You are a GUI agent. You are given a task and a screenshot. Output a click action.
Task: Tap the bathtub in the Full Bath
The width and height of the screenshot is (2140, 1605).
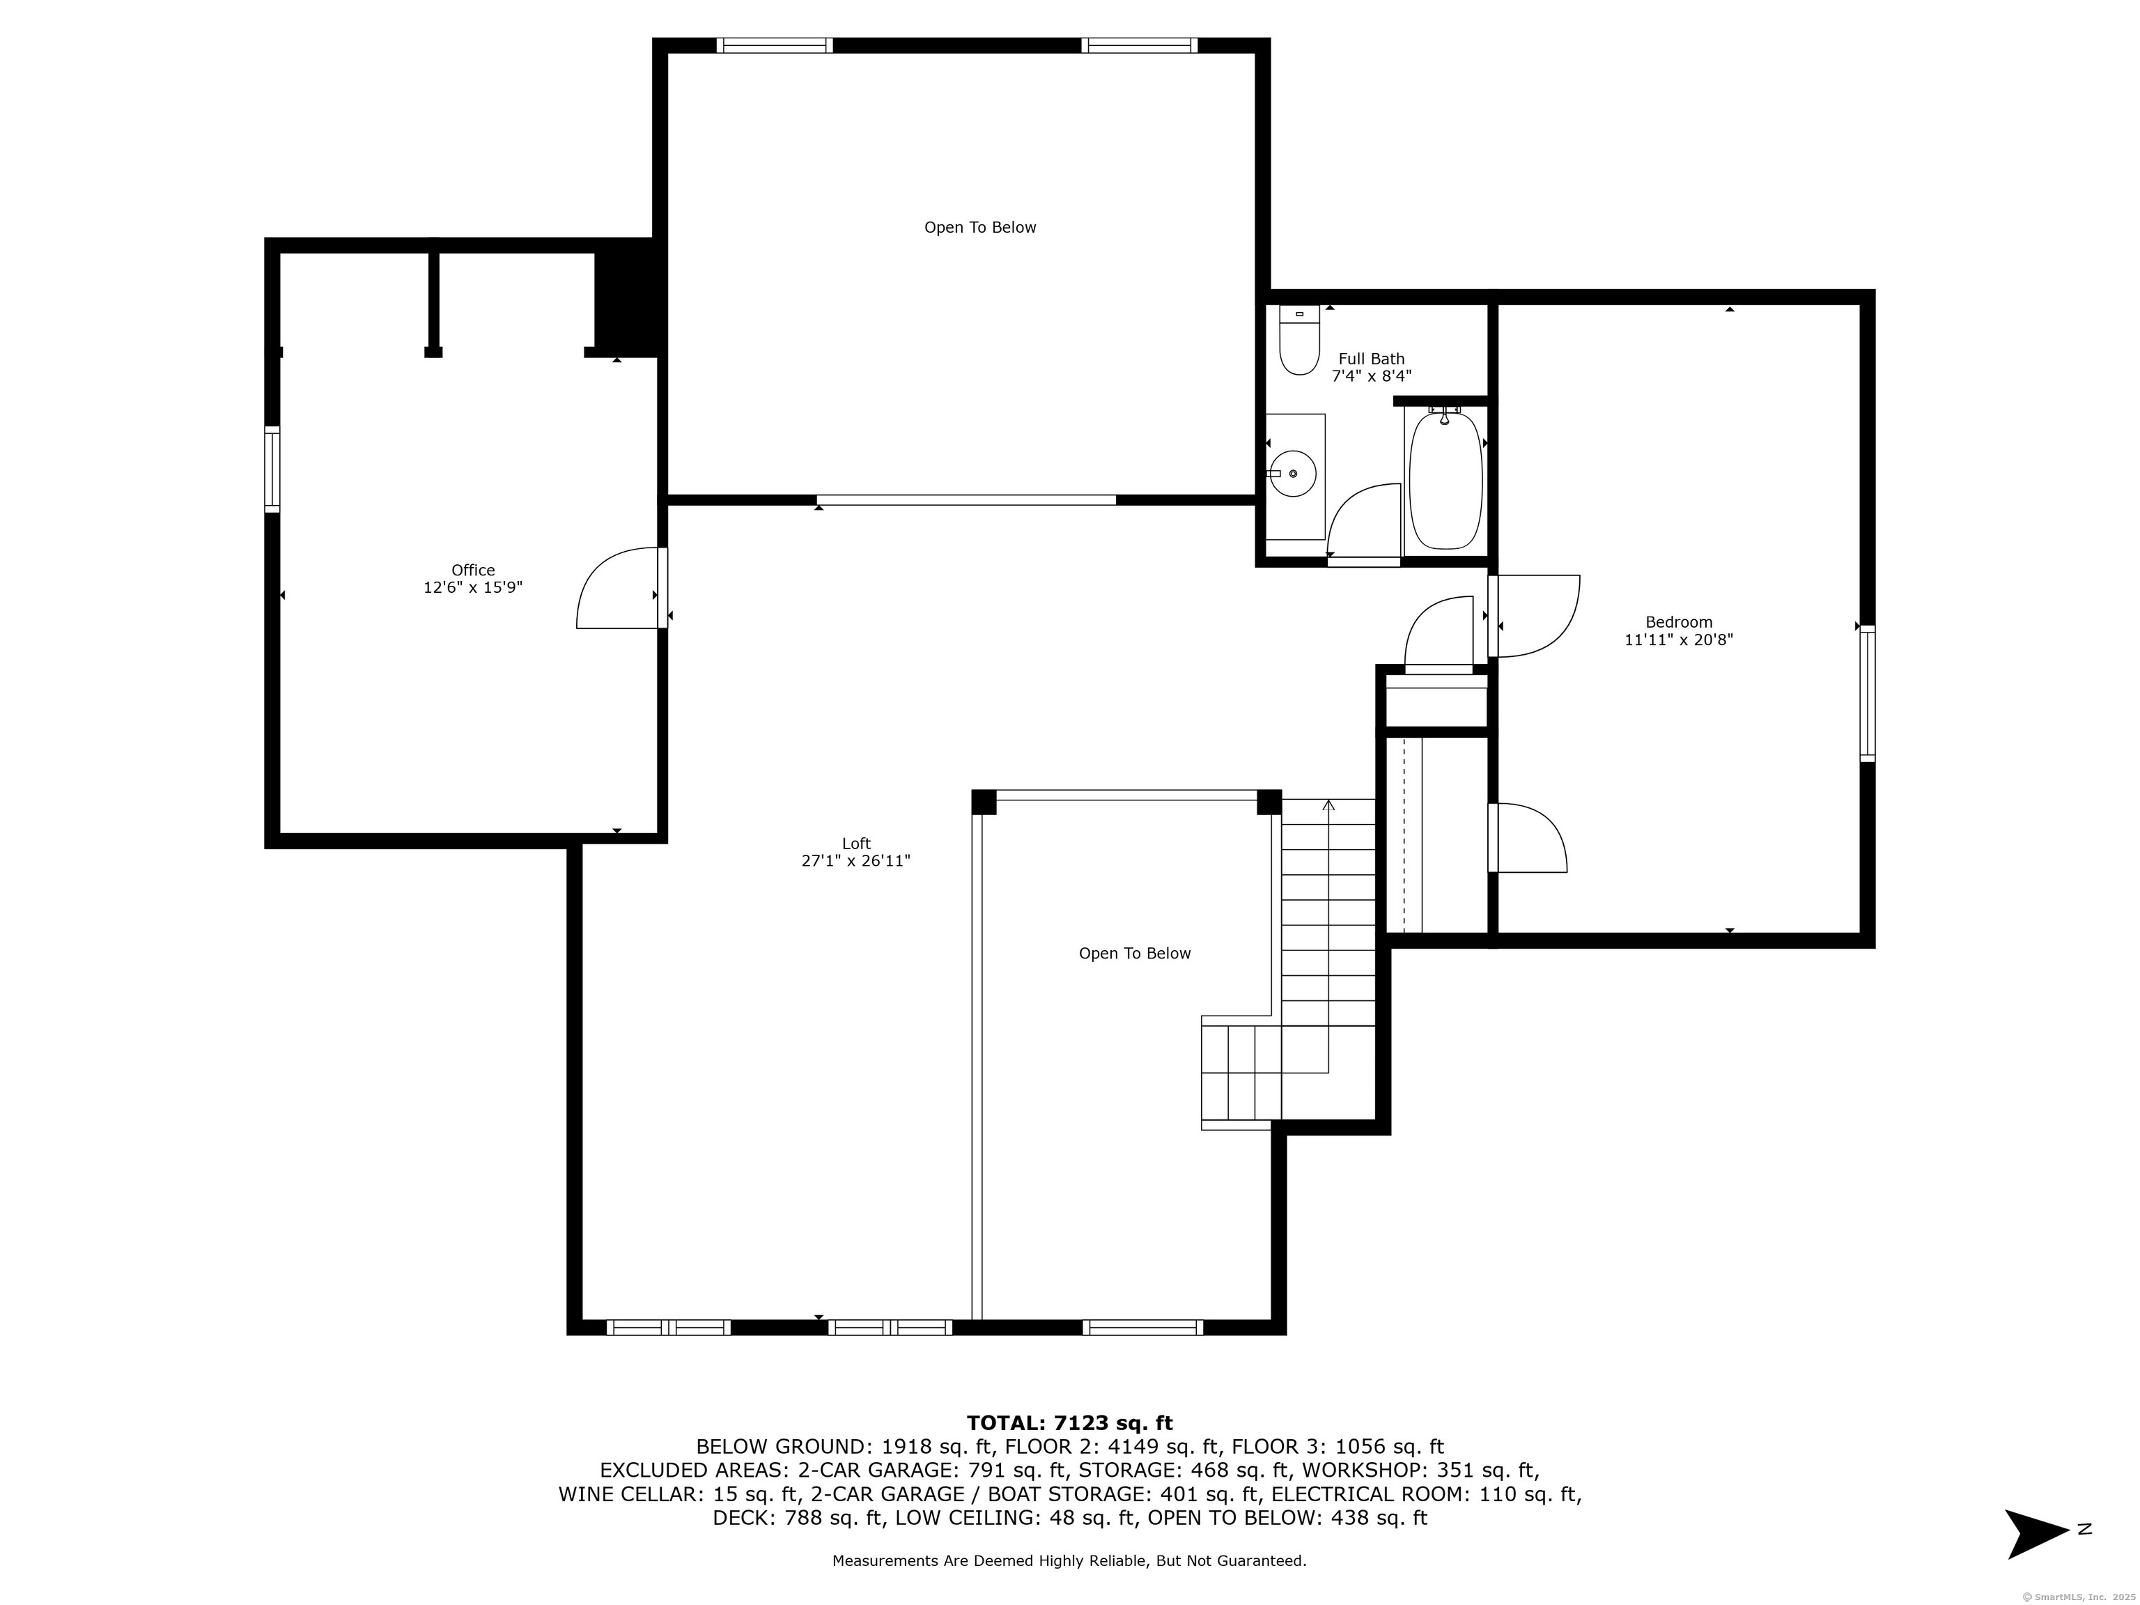pos(1445,480)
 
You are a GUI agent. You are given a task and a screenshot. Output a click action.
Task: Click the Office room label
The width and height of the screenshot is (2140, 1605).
pos(473,571)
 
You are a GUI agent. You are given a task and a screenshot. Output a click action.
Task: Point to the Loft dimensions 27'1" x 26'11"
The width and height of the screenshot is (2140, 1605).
pos(856,861)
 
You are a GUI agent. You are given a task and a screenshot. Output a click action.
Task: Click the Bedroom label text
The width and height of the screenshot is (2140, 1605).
pos(1680,622)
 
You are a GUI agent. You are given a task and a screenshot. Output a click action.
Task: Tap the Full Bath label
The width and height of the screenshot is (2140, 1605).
pos(1372,359)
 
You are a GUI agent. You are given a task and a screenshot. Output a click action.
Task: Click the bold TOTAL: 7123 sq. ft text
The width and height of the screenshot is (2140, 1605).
pos(1070,1423)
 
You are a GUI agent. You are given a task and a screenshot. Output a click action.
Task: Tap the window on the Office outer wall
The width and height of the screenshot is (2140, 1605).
pos(273,470)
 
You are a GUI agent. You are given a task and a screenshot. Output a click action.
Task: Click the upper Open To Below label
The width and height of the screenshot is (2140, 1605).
pos(980,227)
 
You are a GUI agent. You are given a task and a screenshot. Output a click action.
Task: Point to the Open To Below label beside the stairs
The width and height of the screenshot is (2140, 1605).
pos(1135,953)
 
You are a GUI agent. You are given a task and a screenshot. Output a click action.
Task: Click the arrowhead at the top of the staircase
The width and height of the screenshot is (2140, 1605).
pos(1328,804)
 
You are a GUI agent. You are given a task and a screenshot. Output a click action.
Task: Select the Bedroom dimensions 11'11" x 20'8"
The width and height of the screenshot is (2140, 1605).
pos(1679,639)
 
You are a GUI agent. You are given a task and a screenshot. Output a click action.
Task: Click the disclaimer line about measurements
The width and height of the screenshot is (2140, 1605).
pos(1069,1560)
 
